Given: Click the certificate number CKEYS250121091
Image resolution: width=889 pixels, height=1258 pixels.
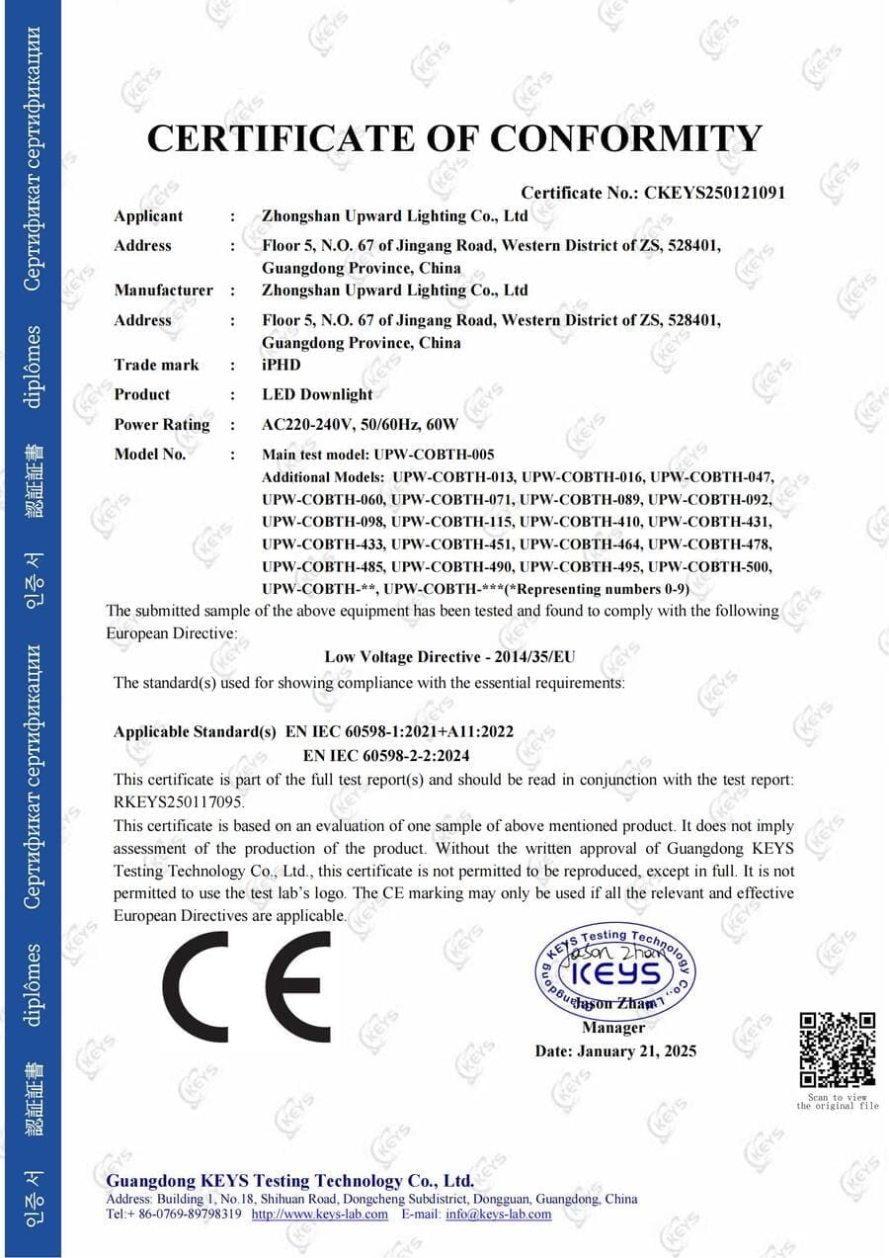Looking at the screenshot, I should tap(714, 193).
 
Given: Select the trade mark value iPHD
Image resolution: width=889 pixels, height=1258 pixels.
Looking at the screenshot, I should tap(282, 365).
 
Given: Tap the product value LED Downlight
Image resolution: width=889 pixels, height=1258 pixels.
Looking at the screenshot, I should tap(317, 394).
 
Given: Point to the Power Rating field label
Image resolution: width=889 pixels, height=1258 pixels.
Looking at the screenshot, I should tap(162, 425).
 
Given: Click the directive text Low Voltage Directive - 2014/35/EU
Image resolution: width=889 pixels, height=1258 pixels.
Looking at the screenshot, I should tap(449, 656).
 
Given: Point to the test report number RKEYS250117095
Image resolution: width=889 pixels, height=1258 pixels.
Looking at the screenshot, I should tap(179, 801).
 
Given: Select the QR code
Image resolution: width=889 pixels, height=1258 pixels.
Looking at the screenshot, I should tap(837, 1049).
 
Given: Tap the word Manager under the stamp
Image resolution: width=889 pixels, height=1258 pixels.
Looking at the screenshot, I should tap(612, 1028).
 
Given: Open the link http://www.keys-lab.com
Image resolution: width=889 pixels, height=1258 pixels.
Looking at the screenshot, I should tap(320, 1214).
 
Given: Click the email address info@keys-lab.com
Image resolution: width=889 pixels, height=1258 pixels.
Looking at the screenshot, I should tap(498, 1214).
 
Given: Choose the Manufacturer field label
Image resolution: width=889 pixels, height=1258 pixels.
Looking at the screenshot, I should tap(163, 291).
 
